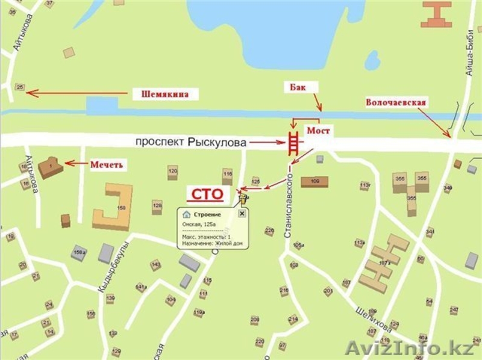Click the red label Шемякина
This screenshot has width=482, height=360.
[x=164, y=94]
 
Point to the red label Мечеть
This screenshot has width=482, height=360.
[x=107, y=164]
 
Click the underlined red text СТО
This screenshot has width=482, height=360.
[x=208, y=194]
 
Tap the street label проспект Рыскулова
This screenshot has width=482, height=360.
[x=191, y=143]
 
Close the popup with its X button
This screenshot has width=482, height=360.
[x=242, y=214]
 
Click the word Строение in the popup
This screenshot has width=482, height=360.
[x=207, y=214]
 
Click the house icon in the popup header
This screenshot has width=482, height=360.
[x=187, y=214]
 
